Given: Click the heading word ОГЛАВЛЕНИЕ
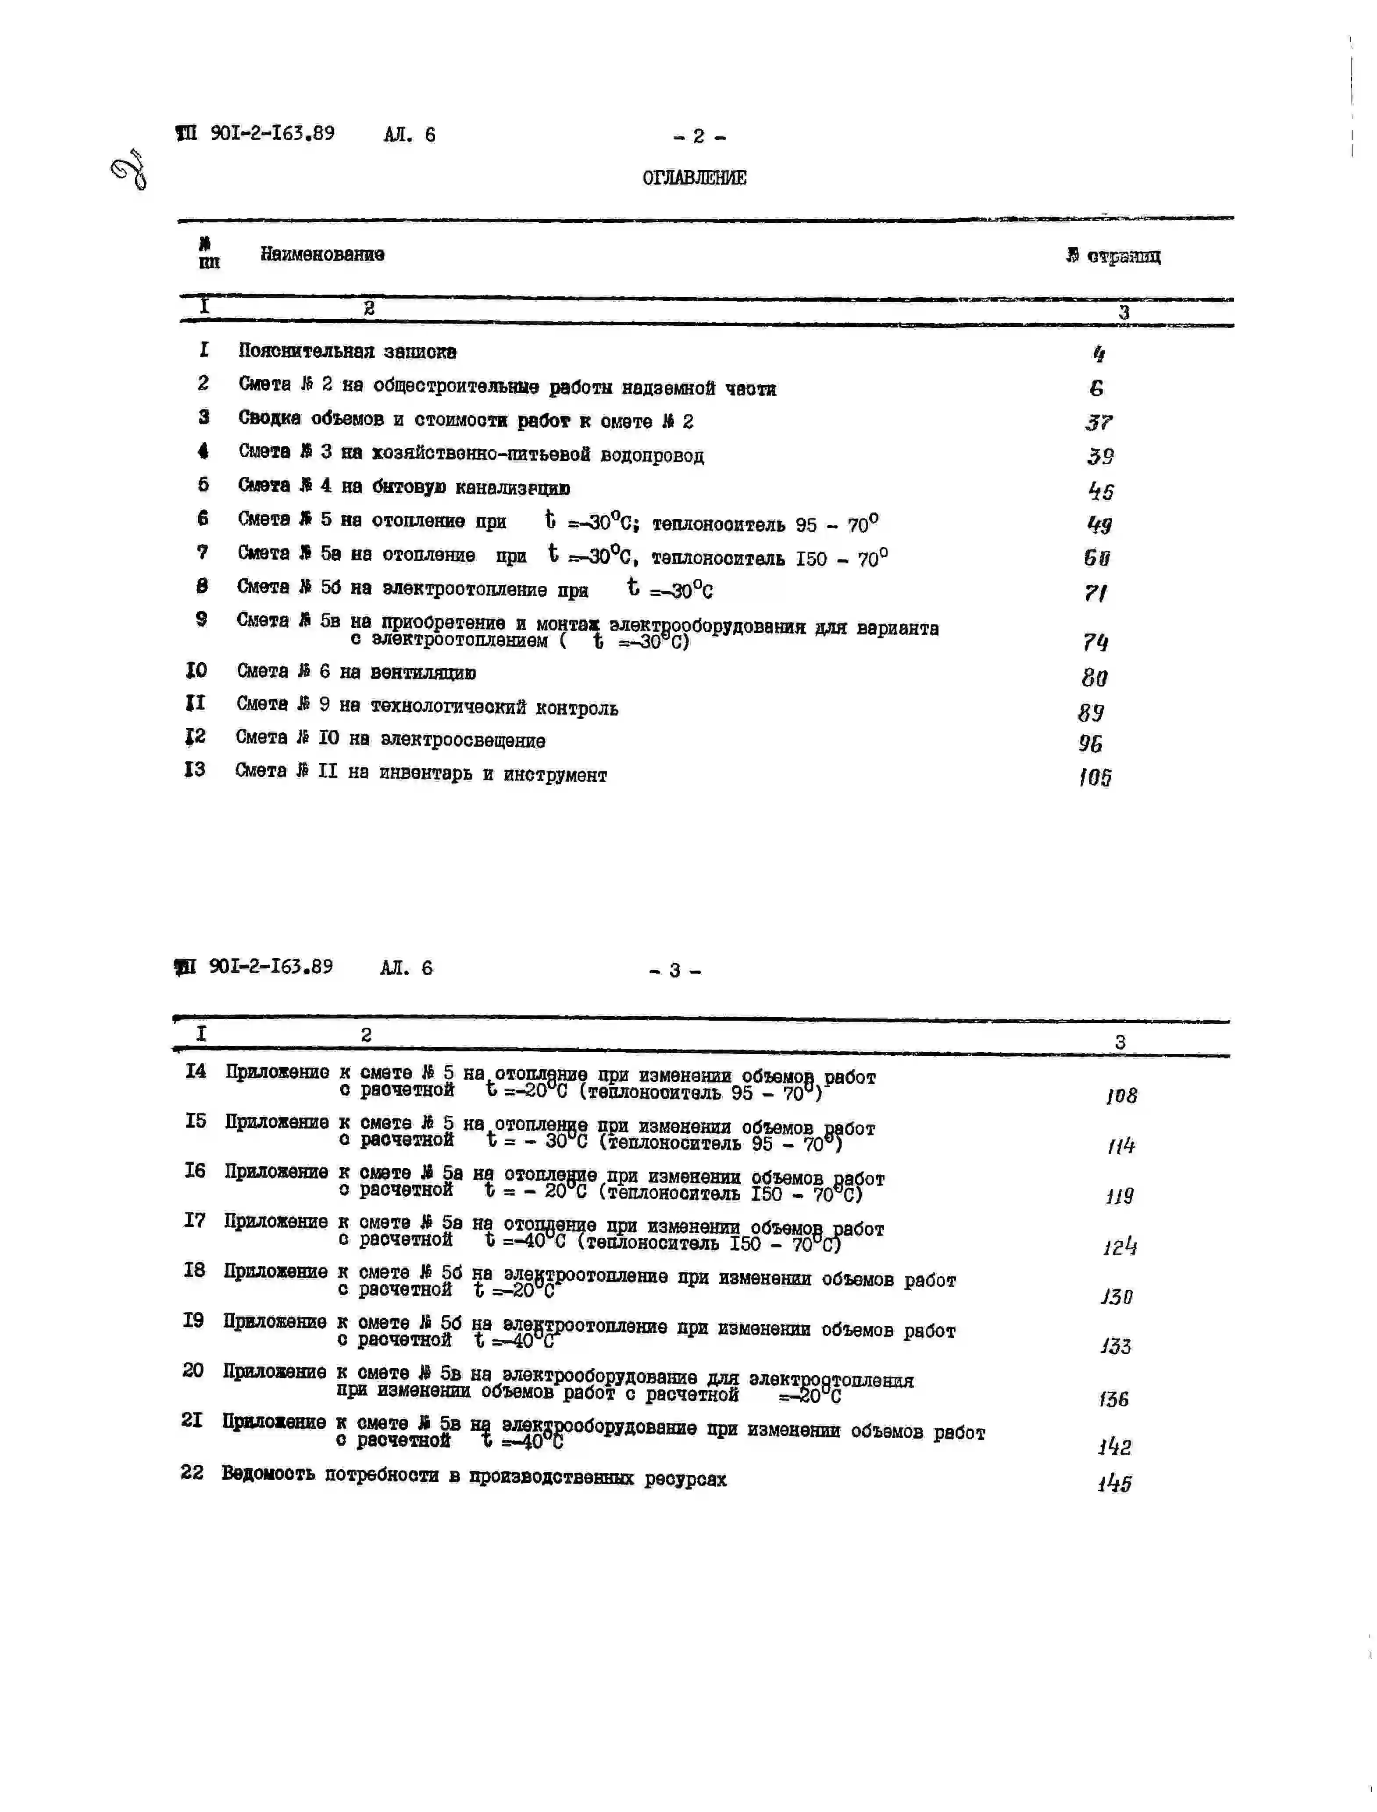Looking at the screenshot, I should [x=694, y=178].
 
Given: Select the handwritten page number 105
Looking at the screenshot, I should [x=1095, y=777].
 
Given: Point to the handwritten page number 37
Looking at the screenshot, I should [x=1099, y=423].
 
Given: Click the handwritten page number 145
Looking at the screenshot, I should [x=1115, y=1483].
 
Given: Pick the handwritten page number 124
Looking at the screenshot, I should [x=1120, y=1247].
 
